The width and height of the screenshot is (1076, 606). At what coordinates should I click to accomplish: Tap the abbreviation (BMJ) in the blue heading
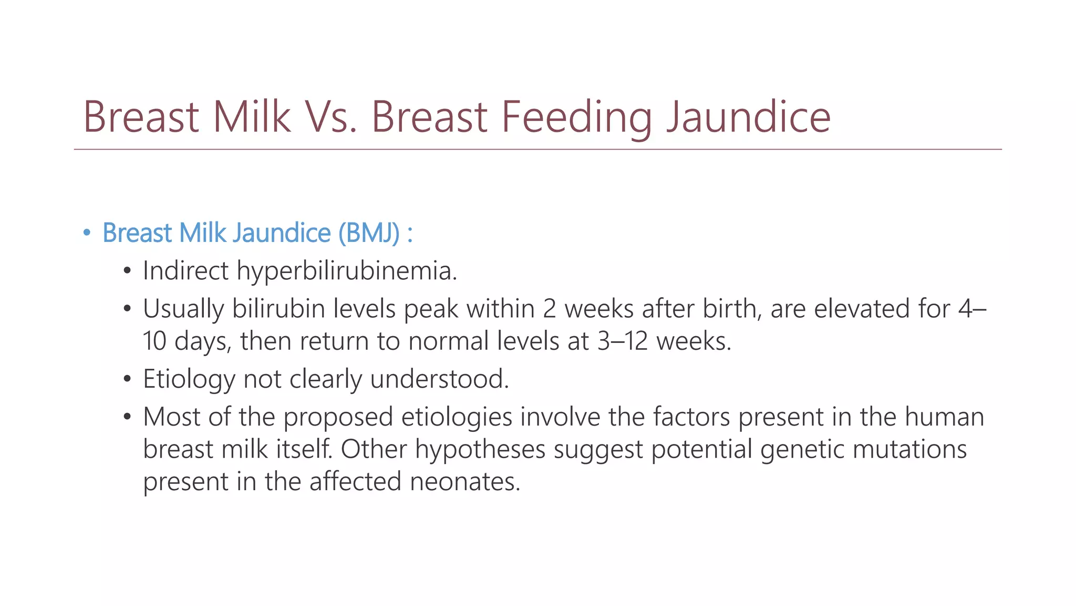[369, 233]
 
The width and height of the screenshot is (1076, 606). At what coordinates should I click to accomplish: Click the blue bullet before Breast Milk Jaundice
[87, 233]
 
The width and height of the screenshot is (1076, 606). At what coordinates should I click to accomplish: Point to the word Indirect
[185, 271]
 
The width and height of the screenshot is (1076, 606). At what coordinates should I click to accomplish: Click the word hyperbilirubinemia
[347, 271]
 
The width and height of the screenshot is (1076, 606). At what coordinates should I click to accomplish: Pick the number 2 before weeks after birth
[549, 309]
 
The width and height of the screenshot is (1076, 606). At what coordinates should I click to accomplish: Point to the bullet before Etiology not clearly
[127, 379]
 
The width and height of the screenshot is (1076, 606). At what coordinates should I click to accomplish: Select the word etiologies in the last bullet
[457, 417]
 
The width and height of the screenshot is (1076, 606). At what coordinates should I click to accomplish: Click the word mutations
[909, 450]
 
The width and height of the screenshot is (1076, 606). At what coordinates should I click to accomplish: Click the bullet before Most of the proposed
[127, 417]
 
